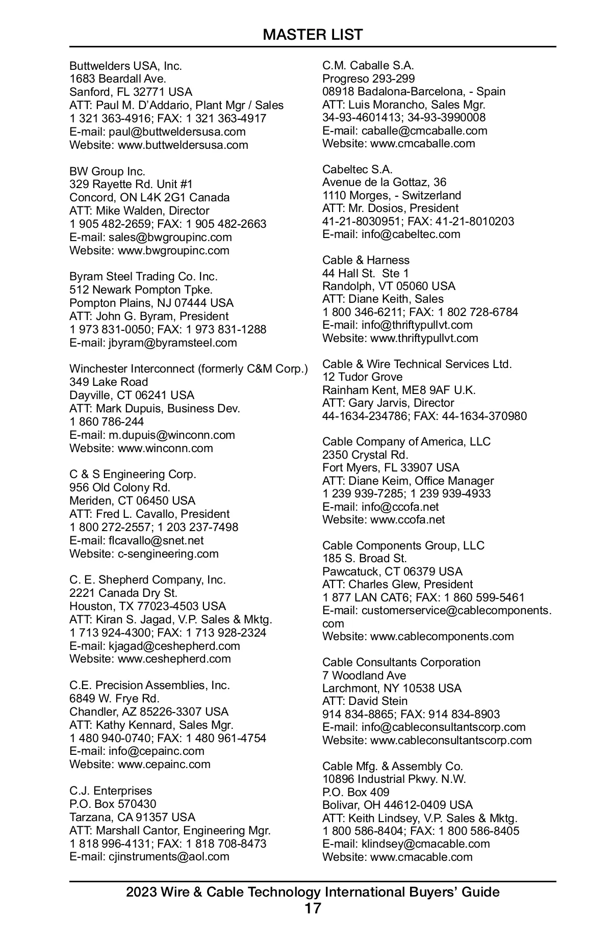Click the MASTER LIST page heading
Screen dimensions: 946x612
pos(313,35)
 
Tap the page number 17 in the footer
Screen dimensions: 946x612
pos(313,908)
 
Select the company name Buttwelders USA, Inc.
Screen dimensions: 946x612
pos(125,66)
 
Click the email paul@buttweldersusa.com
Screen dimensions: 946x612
pos(177,132)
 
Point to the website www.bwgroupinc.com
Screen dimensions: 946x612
pos(173,250)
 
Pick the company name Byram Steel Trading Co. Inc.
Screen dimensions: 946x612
pos(143,276)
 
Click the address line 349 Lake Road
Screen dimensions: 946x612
pos(109,382)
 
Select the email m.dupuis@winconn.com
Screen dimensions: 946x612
pos(172,435)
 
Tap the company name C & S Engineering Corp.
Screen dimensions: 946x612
pos(133,474)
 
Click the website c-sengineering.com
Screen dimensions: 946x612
pos(168,554)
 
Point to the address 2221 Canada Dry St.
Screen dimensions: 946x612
pos(123,593)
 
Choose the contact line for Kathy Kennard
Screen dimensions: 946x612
pos(151,725)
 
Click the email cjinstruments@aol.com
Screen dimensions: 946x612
pos(169,856)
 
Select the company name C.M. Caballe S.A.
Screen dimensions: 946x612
pos(368,65)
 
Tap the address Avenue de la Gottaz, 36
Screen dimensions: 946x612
pos(384,182)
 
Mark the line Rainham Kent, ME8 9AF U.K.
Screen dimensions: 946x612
pos(399,390)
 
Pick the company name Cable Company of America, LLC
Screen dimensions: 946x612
pos(406,441)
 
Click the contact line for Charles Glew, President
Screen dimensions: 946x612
pos(397,584)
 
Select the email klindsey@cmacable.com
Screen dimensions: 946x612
pos(426,844)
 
